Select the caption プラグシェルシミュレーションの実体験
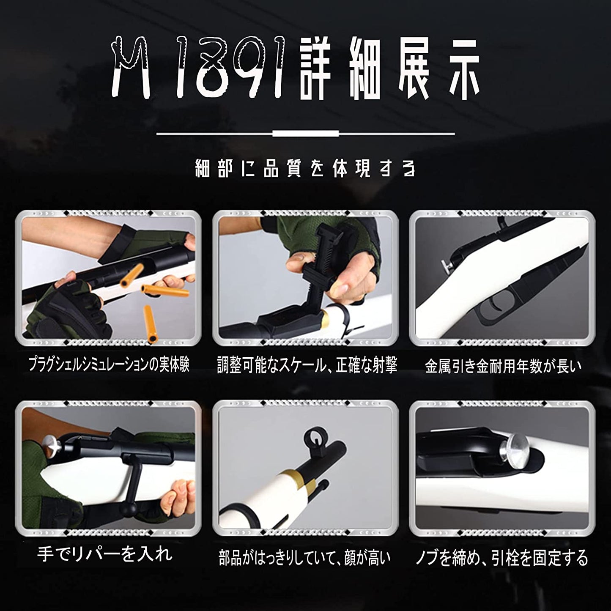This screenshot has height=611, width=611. pyautogui.click(x=109, y=365)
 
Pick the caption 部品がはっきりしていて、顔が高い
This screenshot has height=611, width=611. pyautogui.click(x=304, y=557)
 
